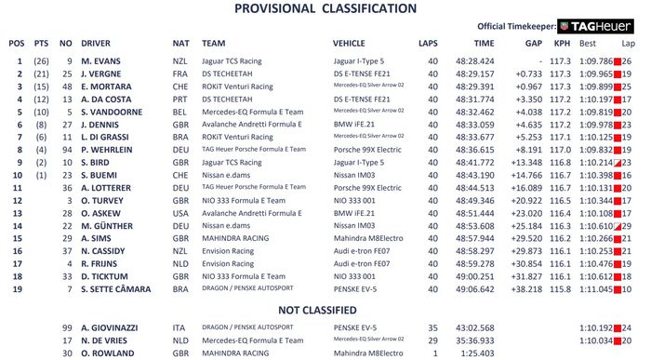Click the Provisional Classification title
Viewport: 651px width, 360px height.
pos(325,8)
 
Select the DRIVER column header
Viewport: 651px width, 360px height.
pos(96,44)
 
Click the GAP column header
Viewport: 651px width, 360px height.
pos(533,44)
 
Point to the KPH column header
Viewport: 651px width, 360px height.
pos(561,44)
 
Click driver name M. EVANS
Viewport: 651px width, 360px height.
pos(101,60)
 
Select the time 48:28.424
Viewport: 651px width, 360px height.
pos(474,60)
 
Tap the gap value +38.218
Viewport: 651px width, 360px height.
pos(525,288)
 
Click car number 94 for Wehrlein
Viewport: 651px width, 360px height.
pos(65,149)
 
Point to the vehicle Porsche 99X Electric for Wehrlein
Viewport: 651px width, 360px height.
pos(364,149)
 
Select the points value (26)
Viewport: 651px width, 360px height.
pos(40,60)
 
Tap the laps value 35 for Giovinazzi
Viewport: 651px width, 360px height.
pos(432,327)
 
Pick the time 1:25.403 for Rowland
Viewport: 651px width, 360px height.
pos(475,353)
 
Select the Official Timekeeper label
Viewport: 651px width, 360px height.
pos(516,27)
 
